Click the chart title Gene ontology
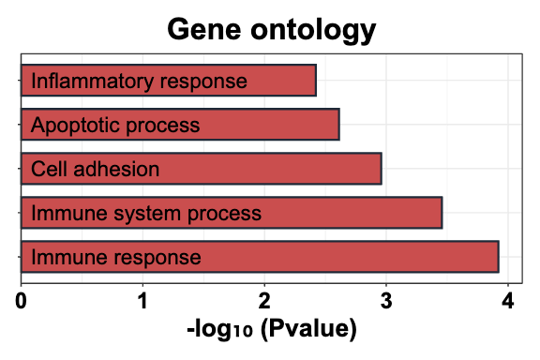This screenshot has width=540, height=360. tap(271, 30)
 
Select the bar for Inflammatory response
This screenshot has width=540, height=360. tap(169, 81)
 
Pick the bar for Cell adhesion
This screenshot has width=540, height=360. tap(201, 169)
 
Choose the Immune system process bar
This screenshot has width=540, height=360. tap(231, 213)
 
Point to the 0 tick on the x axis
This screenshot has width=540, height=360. tap(22, 302)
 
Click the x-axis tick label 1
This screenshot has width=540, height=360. tap(142, 302)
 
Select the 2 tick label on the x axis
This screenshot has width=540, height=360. tap(264, 302)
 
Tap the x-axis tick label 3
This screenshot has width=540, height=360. tap(386, 302)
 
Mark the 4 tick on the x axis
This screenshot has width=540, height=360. tap(507, 302)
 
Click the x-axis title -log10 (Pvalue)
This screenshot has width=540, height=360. tap(271, 330)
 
